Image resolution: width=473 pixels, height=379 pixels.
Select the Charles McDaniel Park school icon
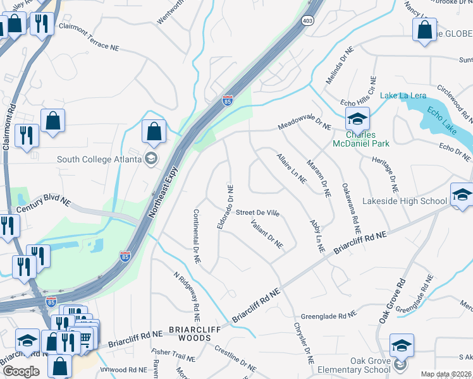357,117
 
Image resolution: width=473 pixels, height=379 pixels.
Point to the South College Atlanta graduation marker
150,158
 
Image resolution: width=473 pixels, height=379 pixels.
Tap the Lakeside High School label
405,202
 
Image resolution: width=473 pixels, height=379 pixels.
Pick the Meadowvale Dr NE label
304,127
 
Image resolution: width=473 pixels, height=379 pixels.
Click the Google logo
21,371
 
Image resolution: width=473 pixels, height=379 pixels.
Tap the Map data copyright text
446,374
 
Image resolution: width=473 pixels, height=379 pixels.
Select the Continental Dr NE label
197,236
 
